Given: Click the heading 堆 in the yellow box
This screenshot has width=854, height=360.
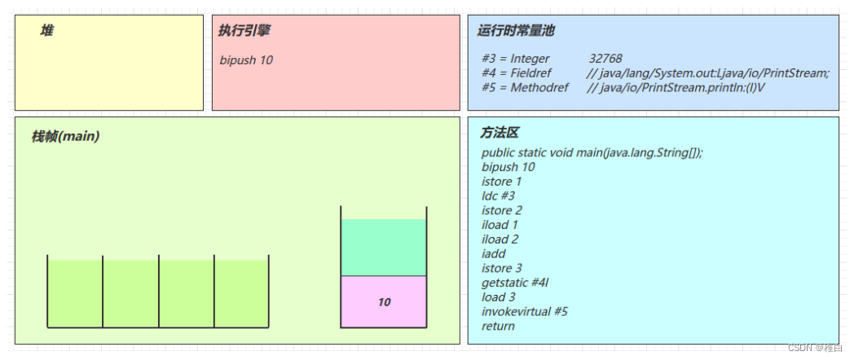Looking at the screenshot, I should coord(47,30).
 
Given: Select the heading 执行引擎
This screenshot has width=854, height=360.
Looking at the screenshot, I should coord(244,30).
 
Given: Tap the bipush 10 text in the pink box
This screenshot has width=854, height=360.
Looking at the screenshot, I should coord(246,60).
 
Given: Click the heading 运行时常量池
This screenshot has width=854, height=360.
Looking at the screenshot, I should coord(515,30).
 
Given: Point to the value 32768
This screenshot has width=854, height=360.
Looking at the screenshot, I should coord(605,59).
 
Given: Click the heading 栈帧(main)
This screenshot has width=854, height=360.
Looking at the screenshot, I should coord(65,136).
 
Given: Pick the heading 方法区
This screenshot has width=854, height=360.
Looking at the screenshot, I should coord(500,133).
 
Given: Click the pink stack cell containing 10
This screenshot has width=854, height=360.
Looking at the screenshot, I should coord(384,302).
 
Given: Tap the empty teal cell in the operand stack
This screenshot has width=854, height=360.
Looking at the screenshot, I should coord(384,248).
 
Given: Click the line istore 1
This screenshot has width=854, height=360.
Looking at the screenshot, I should coord(501,182).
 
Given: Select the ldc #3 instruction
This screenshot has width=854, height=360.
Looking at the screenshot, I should coord(498,195).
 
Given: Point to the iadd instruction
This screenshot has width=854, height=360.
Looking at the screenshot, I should coord(494,253).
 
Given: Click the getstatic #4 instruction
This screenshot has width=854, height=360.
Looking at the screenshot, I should coord(514,283).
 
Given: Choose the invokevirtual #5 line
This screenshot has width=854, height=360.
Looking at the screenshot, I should coord(524,311).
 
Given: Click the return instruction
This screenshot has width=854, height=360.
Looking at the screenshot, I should coord(498,326).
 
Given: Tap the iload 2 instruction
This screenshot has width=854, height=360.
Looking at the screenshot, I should coord(500,239).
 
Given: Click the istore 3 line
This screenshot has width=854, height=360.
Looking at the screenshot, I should coord(501,268).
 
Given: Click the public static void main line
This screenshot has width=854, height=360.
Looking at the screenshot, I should coord(592,152).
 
